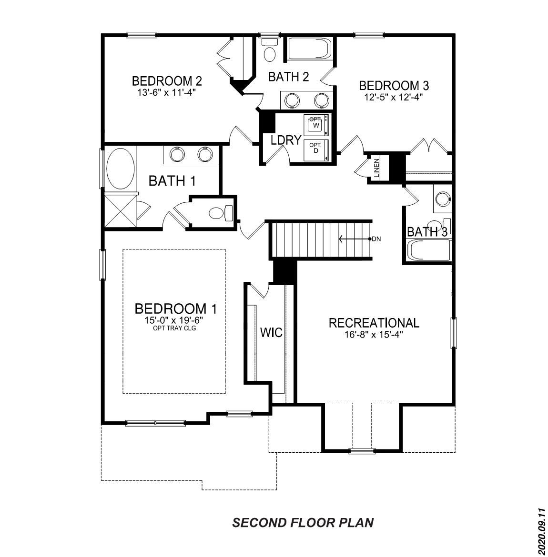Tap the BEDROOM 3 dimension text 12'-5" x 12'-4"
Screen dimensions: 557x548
(394, 97)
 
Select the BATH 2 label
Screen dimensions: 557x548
(289, 77)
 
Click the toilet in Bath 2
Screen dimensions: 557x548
(270, 52)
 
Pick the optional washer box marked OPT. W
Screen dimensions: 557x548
(315, 124)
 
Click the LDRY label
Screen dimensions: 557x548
(286, 140)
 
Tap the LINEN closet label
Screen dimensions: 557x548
(376, 168)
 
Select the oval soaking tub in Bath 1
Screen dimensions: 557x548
(120, 169)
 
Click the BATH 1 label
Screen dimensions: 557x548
(172, 181)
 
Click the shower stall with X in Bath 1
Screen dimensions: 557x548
(120, 211)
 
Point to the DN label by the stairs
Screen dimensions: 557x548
(376, 239)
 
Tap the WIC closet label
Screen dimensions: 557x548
(271, 332)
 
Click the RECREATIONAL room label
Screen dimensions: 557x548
(374, 323)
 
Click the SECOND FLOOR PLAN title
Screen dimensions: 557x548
(303, 523)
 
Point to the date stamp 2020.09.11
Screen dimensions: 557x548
(541, 531)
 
